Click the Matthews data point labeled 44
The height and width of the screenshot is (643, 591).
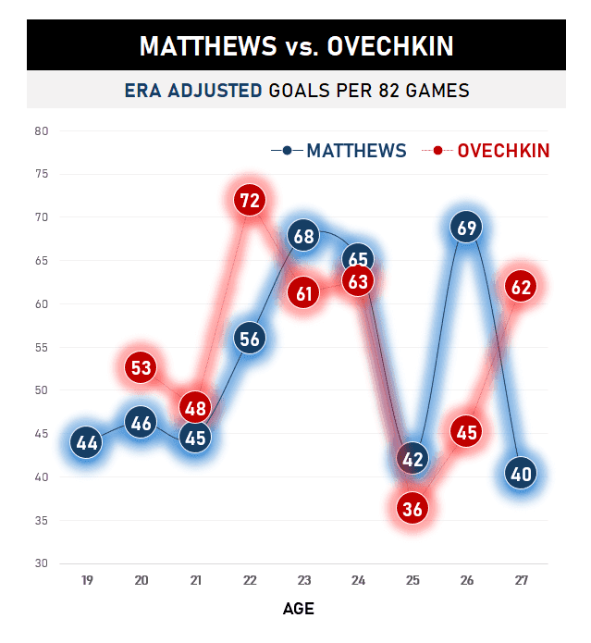point(87,443)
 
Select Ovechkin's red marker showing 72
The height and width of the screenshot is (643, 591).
point(250,199)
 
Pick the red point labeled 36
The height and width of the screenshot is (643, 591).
point(412,507)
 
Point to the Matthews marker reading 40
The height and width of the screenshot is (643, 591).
point(521,474)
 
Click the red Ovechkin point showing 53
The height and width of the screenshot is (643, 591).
point(141,367)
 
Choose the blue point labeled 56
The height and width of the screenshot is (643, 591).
point(250,339)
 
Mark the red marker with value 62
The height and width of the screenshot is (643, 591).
point(521,287)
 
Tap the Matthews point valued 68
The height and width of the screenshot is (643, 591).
point(304,235)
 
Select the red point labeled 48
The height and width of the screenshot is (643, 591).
point(195,406)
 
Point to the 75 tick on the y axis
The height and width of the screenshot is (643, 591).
point(41,174)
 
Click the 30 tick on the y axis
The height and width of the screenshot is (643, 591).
point(41,563)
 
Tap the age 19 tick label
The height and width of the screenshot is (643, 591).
point(87,581)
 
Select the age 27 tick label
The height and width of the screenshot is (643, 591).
point(521,581)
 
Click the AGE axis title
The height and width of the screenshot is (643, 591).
point(298,609)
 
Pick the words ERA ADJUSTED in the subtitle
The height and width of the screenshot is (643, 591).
point(192,91)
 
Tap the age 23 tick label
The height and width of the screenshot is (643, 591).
point(304,581)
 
